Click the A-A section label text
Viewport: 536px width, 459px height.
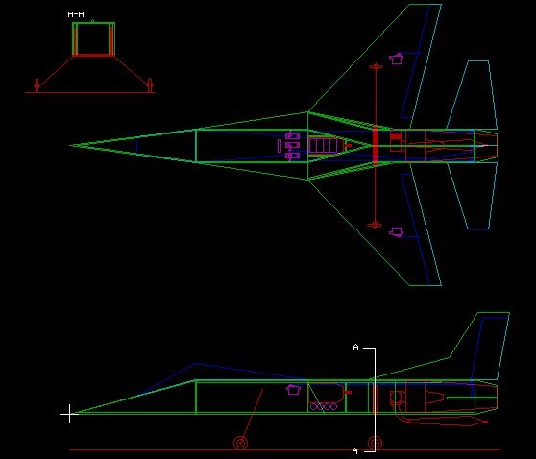tap(76, 14)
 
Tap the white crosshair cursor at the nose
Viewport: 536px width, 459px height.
tap(69, 414)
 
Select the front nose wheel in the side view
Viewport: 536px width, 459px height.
tap(241, 443)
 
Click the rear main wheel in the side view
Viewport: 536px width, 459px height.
tap(375, 443)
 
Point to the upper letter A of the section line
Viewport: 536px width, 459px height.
tap(355, 348)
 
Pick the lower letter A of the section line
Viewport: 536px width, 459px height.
tap(355, 451)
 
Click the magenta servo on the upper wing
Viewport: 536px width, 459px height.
tap(396, 59)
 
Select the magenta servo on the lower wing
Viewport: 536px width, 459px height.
tap(396, 232)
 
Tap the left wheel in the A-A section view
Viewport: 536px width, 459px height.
tap(37, 85)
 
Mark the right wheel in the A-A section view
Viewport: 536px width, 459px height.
tap(150, 85)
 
